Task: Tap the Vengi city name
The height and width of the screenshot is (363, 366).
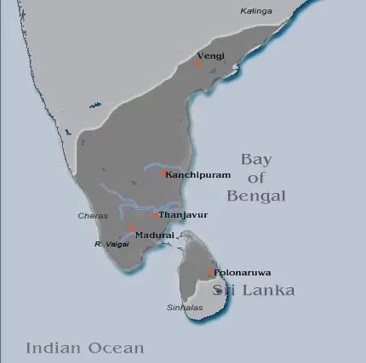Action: coord(212,55)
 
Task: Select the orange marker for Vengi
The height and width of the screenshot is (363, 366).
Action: coord(197,63)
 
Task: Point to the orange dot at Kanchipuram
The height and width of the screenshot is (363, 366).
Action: coord(163,173)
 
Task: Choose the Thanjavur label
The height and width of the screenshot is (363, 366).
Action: coord(183,214)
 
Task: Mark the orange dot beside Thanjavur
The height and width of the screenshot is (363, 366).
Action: coord(155,214)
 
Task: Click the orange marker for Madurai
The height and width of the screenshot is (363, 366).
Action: coord(131,230)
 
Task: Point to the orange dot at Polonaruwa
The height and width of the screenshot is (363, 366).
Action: coord(209,272)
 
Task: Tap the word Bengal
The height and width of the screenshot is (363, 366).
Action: coord(256,196)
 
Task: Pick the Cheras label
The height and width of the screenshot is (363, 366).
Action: coord(93,216)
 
